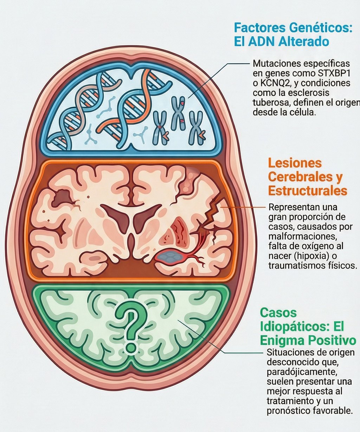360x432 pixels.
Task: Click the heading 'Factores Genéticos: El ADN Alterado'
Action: coord(292,34)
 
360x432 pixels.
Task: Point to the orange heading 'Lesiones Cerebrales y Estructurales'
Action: coord(305,177)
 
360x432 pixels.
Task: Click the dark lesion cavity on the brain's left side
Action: coord(62,196)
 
